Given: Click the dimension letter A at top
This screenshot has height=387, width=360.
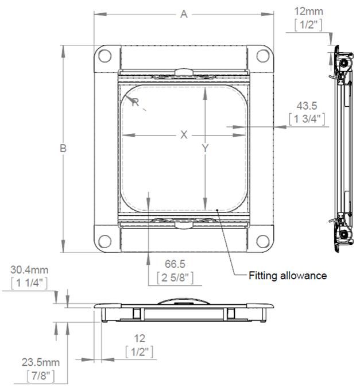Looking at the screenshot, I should coord(184,14).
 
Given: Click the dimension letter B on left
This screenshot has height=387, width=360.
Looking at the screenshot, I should coord(64,148).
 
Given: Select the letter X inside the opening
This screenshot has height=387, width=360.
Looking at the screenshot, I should coord(184,135).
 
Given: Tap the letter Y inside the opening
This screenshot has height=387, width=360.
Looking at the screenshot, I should coord(205,149).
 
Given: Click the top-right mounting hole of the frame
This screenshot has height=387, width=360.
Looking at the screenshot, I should coord(262,56).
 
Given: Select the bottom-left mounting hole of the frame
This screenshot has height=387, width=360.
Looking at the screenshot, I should coord(104,241).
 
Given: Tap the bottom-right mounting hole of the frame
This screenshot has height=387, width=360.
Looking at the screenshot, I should coord(262,241).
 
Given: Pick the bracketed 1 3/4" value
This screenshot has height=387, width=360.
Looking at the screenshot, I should coord(307,119).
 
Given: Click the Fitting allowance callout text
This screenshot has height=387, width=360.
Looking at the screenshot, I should coord(287,276).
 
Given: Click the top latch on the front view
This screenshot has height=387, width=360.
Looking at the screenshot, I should coord(183,73).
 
